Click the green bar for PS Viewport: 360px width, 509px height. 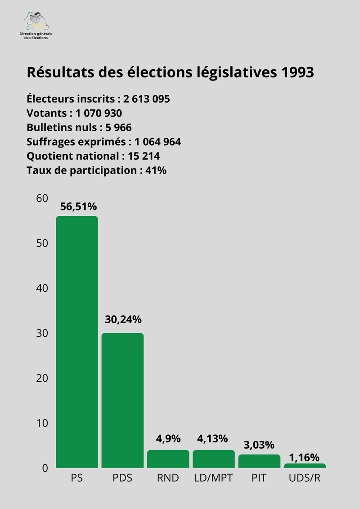click(76, 342)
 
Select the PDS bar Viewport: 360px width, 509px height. click(122, 400)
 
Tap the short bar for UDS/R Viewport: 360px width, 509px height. click(305, 466)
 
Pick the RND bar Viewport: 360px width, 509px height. click(168, 459)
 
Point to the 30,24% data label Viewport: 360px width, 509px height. click(123, 320)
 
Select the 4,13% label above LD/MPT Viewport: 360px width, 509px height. click(213, 438)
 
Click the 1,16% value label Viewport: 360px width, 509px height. click(304, 457)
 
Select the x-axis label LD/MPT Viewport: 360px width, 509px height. click(213, 478)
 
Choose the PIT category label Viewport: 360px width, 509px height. click(259, 478)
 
